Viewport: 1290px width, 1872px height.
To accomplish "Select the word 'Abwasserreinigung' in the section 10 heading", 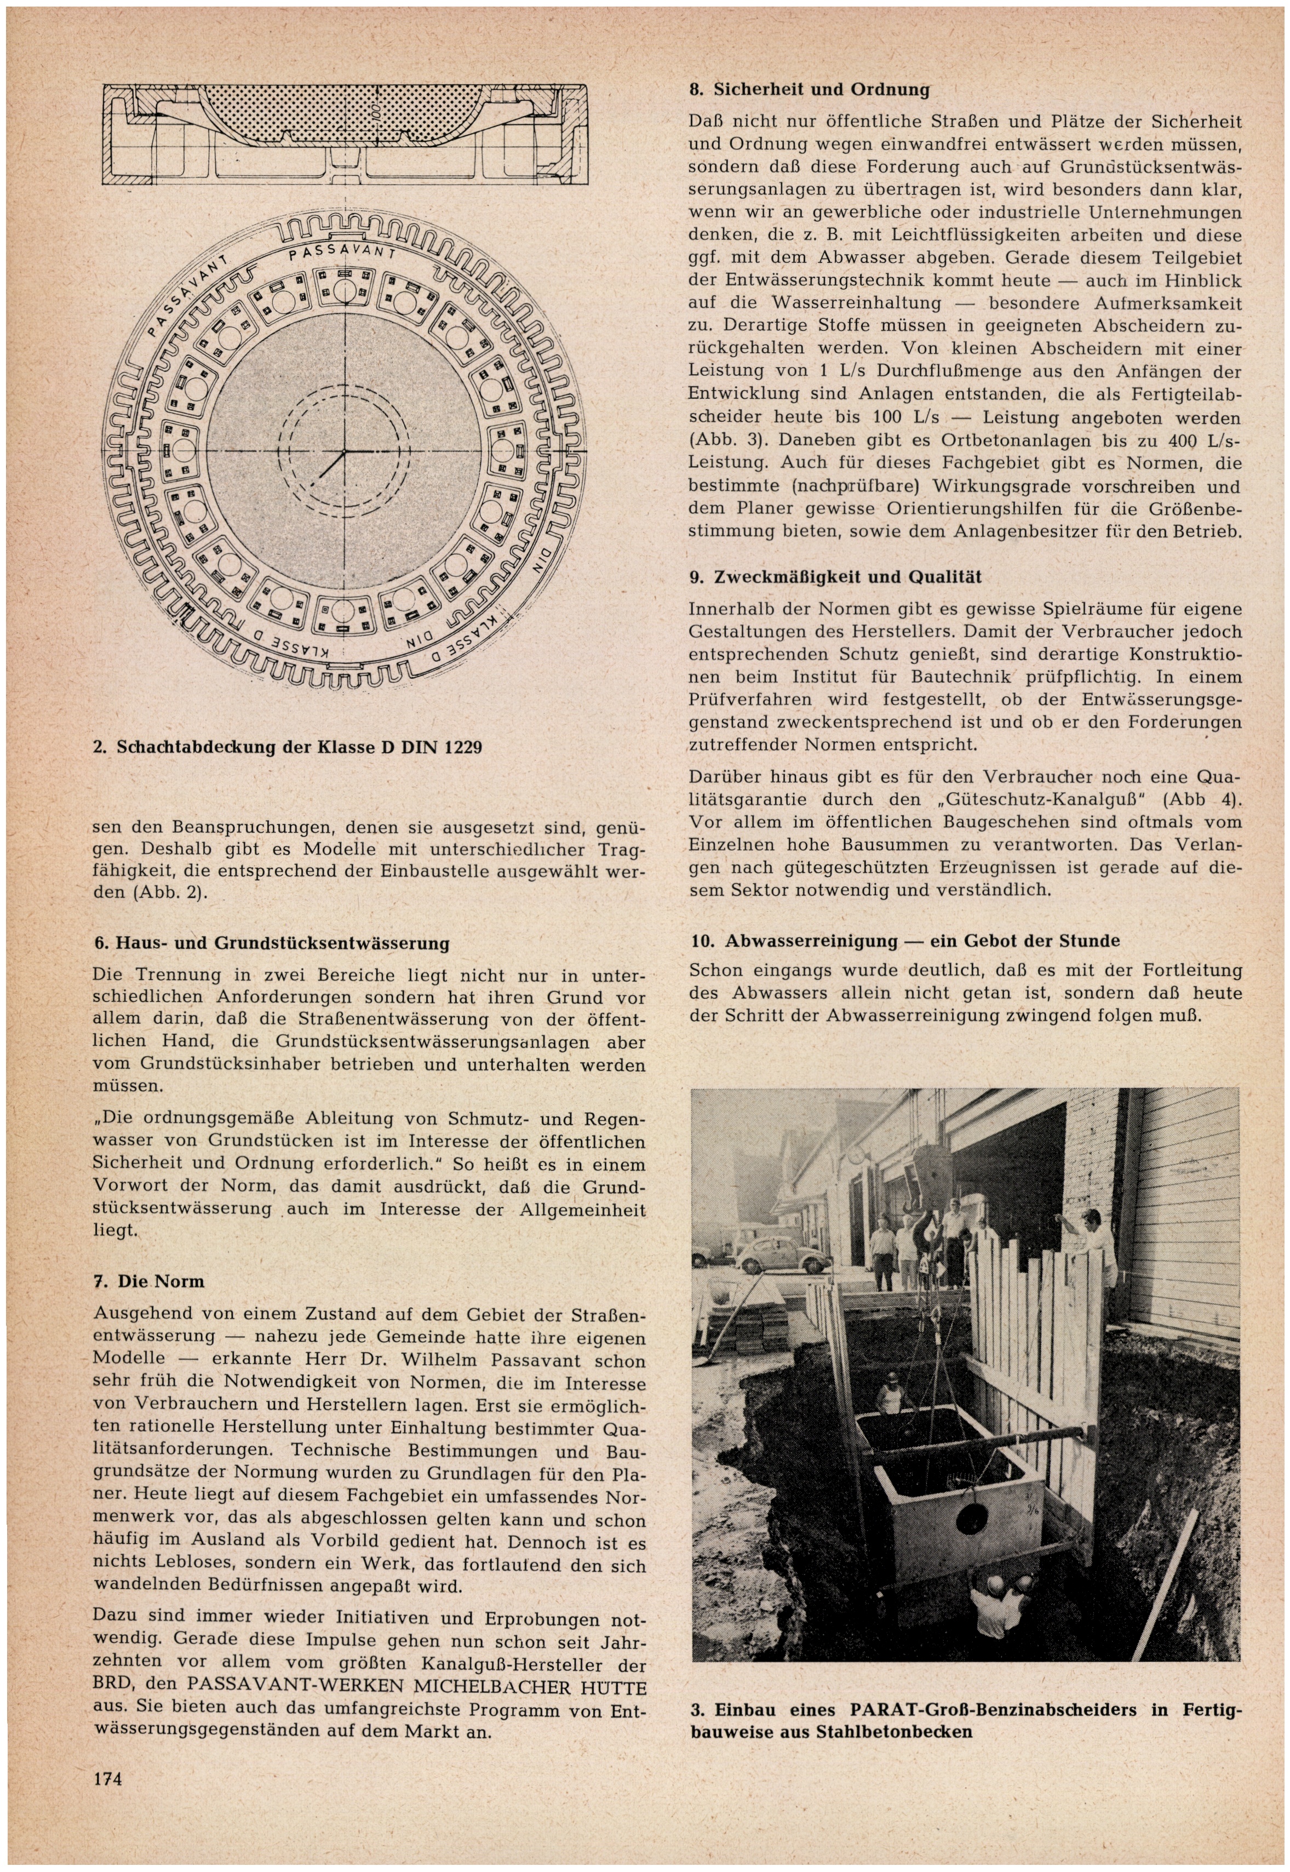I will click(811, 942).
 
